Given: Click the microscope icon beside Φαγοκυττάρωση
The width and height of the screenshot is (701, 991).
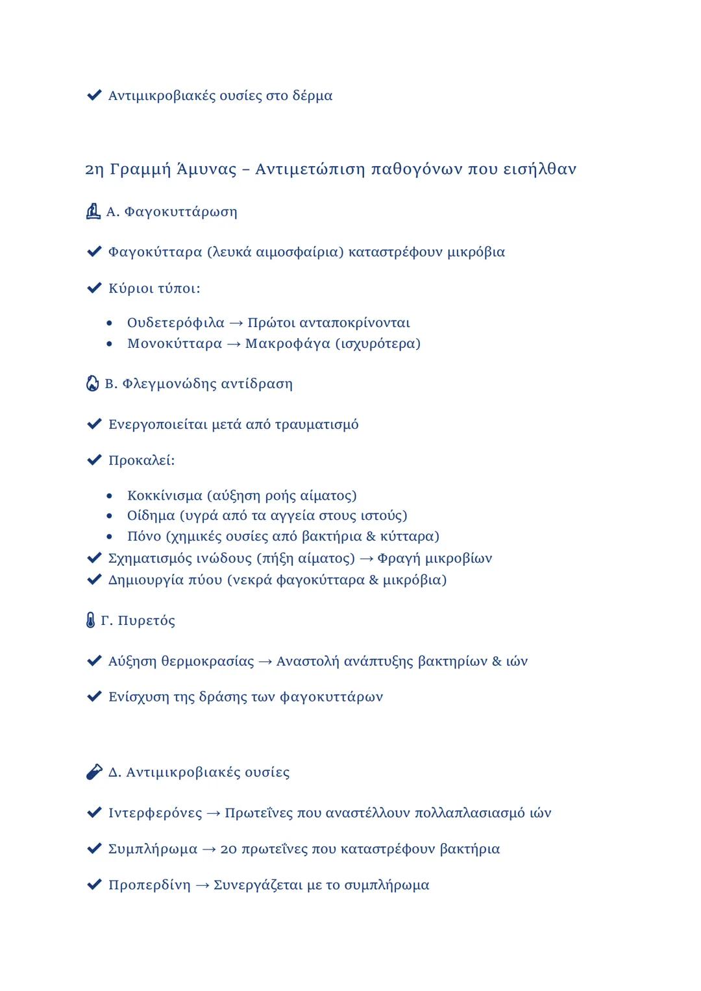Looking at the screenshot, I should tap(93, 212).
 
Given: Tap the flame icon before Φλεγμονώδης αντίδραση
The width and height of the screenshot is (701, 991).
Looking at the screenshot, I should tap(93, 384).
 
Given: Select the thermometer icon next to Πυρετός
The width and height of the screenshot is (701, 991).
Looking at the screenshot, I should tap(90, 620).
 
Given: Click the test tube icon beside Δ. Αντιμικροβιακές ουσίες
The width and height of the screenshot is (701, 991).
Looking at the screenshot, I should tap(94, 772).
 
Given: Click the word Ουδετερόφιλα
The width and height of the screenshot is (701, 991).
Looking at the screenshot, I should tap(175, 323).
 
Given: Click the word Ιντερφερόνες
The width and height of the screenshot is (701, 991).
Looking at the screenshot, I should tap(155, 813).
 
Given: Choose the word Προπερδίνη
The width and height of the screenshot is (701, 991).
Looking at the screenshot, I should tap(149, 885).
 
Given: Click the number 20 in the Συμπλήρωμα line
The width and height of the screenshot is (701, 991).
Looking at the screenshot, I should tap(228, 850).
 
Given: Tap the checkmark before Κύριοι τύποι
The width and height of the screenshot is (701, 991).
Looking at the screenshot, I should tap(94, 288).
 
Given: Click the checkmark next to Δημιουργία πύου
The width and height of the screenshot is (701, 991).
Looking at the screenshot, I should tap(94, 579).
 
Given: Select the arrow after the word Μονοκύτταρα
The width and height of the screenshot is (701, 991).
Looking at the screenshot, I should tap(234, 344).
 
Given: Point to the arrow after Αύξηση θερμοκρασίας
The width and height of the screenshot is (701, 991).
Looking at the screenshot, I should tap(265, 662).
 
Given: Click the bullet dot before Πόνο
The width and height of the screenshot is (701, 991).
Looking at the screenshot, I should tap(110, 537).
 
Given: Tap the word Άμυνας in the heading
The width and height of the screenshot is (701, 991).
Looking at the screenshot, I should tap(207, 169).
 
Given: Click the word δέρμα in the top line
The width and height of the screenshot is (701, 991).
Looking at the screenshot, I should tap(312, 96).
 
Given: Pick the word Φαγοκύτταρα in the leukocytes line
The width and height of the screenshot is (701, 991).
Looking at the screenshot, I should tap(155, 252).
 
